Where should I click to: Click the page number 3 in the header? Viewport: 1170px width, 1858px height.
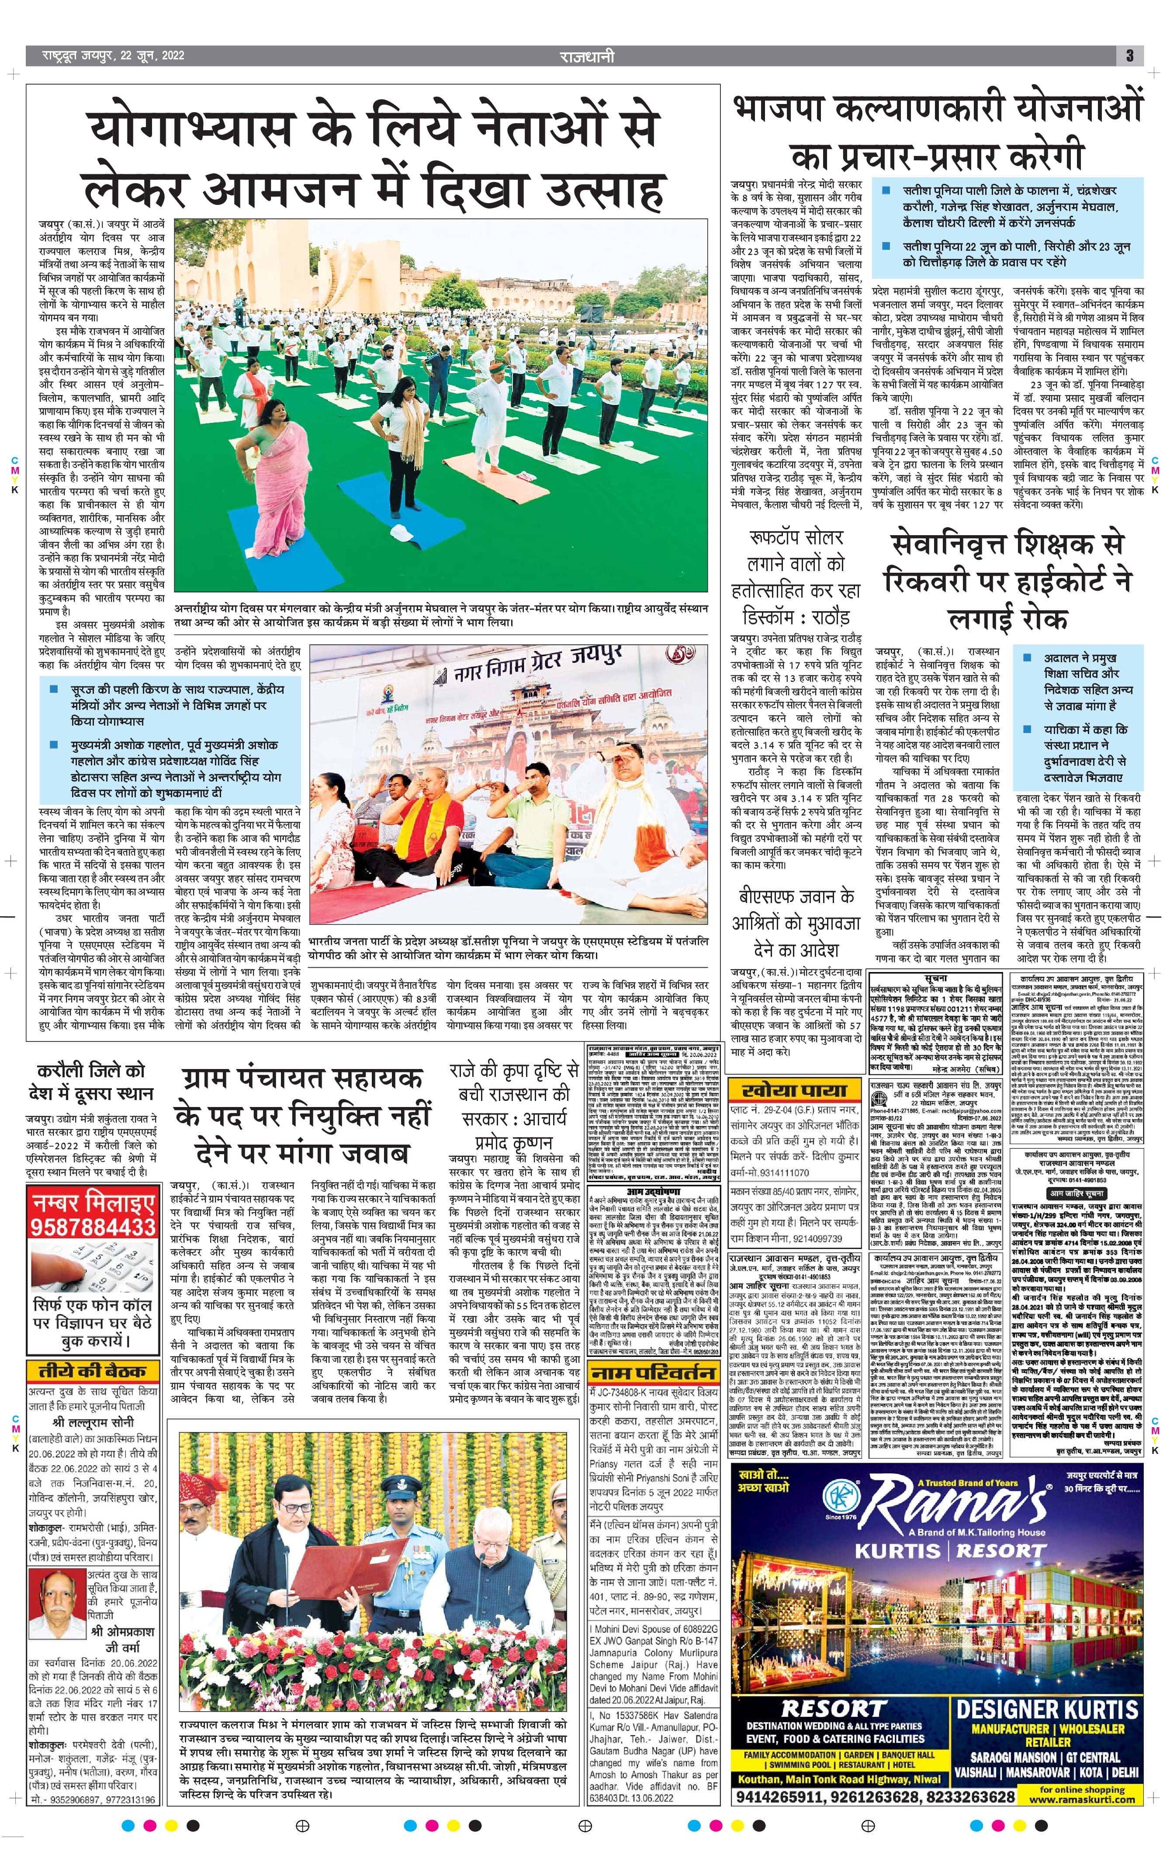click(x=1129, y=55)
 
